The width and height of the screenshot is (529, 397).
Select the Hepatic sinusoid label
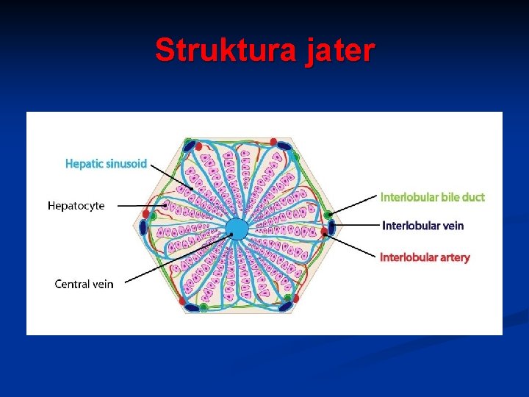(106, 163)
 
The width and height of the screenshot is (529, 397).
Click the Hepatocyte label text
(76, 206)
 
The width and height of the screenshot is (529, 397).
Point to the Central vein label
(84, 284)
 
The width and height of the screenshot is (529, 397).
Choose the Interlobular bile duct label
(432, 197)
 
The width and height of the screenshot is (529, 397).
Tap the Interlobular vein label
(422, 226)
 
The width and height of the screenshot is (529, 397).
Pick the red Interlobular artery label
(424, 257)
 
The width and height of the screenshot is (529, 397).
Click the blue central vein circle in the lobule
(237, 229)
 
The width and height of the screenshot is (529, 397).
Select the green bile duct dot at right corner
(328, 215)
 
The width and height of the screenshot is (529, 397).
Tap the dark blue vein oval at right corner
(331, 228)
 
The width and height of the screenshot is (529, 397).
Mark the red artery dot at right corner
(325, 233)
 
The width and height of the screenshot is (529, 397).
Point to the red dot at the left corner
(146, 215)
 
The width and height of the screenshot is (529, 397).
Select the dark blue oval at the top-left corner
(190, 145)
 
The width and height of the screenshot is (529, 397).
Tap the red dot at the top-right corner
(274, 141)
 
